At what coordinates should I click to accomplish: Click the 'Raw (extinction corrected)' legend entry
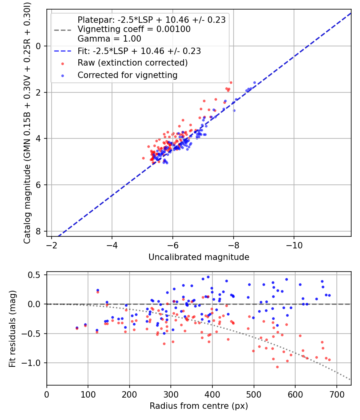click(x=132, y=63)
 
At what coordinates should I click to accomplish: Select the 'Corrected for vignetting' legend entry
click(x=127, y=75)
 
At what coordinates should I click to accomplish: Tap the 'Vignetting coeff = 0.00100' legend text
click(x=134, y=29)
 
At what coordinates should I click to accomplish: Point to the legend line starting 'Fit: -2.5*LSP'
click(x=139, y=51)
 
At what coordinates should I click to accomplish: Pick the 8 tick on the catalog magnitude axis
click(x=39, y=231)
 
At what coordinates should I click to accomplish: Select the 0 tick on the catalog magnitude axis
click(x=39, y=46)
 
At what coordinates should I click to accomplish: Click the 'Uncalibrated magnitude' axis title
click(x=199, y=257)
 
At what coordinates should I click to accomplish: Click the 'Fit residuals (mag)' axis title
click(x=12, y=328)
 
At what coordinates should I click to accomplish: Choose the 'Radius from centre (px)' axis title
click(x=199, y=406)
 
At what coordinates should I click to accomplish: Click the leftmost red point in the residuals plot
click(x=77, y=328)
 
